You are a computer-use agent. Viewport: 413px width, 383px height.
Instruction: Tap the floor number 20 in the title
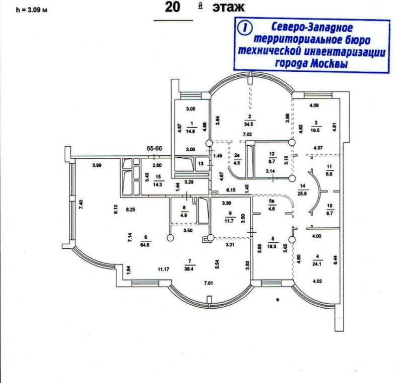pos(173,8)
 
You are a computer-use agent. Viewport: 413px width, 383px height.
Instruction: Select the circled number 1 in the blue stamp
pos(246,28)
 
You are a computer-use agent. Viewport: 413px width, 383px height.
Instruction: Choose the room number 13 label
pos(201,163)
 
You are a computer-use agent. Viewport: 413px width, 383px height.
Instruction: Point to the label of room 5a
pos(272,200)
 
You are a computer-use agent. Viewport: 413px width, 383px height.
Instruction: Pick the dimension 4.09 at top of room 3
pos(313,106)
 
